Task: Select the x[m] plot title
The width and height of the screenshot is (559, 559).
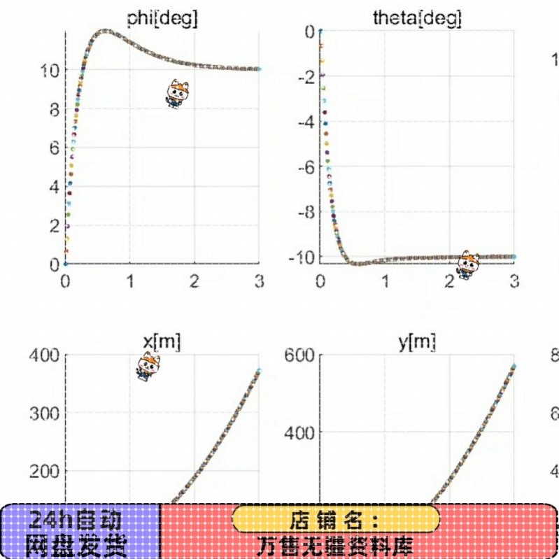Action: tap(162, 342)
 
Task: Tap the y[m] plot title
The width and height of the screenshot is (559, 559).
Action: tap(417, 342)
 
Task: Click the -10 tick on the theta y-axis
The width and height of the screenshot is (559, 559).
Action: tap(302, 257)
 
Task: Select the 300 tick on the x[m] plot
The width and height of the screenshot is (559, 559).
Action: tap(43, 413)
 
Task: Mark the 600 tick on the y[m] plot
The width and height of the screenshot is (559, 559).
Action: tap(299, 355)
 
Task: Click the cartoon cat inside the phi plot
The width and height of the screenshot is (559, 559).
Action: tap(176, 94)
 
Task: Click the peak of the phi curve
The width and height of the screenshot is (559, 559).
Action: tap(105, 31)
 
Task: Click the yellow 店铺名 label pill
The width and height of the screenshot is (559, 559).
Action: tap(336, 519)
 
